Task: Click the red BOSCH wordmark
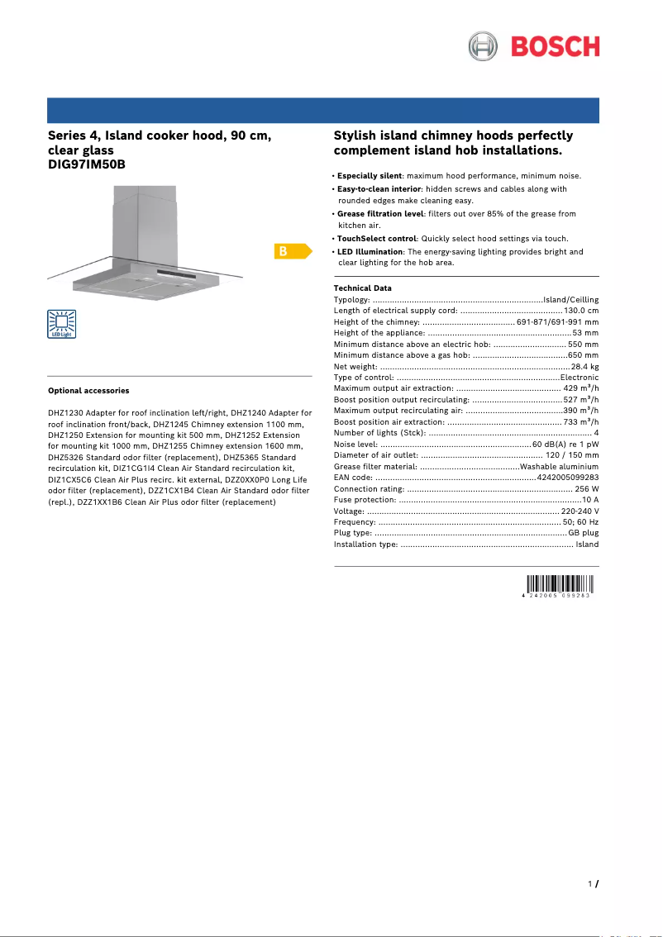point(555,46)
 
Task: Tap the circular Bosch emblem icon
point(484,46)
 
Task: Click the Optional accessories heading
point(88,390)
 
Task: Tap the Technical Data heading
point(362,288)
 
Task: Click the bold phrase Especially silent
point(370,176)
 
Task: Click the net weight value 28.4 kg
point(584,366)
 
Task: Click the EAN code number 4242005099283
point(568,478)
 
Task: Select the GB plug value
point(583,534)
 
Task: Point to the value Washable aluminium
point(559,467)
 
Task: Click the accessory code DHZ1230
point(64,412)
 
